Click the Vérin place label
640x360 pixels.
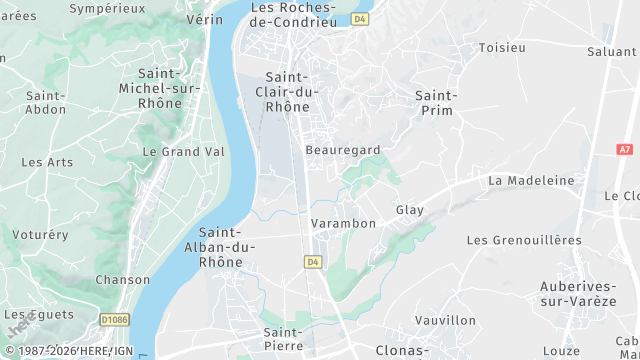pos(204,19)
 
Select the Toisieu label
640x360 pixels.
pos(502,47)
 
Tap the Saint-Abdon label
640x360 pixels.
pos(46,102)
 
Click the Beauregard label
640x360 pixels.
pos(344,149)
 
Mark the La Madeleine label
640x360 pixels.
pos(532,180)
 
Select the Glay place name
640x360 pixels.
pos(410,210)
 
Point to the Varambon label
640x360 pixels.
pos(343,223)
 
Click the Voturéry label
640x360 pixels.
pos(41,235)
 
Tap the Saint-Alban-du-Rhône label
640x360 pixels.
pos(221,247)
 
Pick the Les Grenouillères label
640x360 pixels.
pos(524,240)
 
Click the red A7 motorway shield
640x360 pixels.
pos(625,149)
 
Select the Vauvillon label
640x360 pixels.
pos(446,320)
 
